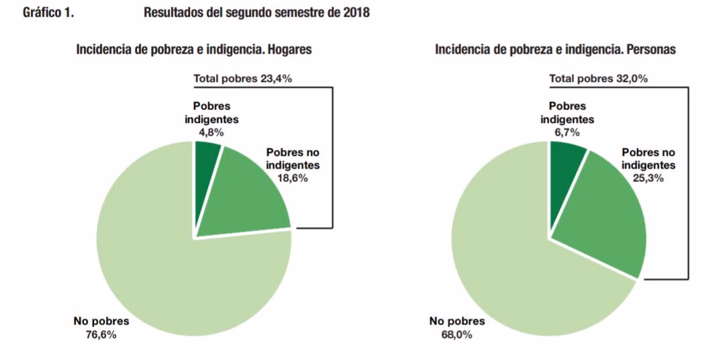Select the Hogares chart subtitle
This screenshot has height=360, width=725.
pyautogui.click(x=194, y=50)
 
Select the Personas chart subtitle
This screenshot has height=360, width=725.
pyautogui.click(x=555, y=50)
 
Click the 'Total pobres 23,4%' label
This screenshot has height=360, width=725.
pyautogui.click(x=242, y=79)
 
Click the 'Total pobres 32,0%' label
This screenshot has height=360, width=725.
pyautogui.click(x=598, y=79)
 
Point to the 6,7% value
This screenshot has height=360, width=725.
pyautogui.click(x=567, y=132)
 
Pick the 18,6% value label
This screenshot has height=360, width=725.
pyautogui.click(x=293, y=178)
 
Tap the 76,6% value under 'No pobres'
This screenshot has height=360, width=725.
pyautogui.click(x=101, y=334)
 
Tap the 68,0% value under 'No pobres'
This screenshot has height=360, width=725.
pyautogui.click(x=456, y=334)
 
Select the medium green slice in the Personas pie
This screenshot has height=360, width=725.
pyautogui.click(x=604, y=215)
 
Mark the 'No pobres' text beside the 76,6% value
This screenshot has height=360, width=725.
pyautogui.click(x=101, y=322)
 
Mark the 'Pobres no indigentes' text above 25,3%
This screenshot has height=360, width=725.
pyautogui.click(x=648, y=159)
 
